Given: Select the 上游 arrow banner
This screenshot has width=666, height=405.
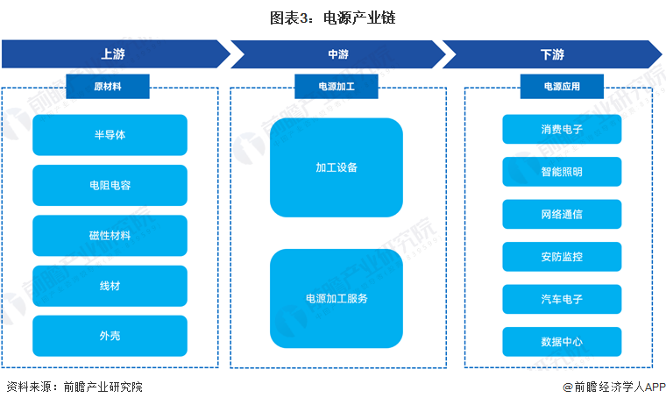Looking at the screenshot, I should (112, 54).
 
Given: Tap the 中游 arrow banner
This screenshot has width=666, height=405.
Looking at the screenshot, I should (337, 54).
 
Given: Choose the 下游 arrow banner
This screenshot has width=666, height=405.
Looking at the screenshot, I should (550, 54).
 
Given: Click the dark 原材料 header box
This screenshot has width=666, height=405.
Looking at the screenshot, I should (110, 87).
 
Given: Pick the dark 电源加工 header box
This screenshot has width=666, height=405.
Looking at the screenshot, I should (337, 87).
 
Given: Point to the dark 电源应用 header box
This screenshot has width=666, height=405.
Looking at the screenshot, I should (562, 87).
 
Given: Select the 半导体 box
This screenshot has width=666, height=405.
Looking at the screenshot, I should (110, 135).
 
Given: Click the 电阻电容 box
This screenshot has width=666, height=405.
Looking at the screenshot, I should (110, 185).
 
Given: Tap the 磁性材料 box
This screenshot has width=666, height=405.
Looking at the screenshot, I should (110, 235).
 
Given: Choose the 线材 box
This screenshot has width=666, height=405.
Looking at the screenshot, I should (110, 286).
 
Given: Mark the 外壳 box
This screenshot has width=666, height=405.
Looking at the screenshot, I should (110, 336).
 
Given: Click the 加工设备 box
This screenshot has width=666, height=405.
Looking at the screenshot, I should (337, 167).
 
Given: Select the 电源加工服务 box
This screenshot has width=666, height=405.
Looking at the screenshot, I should (337, 298).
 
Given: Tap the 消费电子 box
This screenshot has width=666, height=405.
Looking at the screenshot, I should (562, 129).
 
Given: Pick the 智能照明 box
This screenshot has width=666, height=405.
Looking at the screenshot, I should (562, 172).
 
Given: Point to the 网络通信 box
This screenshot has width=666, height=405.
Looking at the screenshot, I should (562, 214).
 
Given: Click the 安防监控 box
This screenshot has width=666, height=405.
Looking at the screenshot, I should (562, 257).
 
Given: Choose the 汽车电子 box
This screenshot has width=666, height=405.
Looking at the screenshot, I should (562, 299).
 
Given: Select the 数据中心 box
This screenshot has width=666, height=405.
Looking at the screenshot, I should (562, 342).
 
